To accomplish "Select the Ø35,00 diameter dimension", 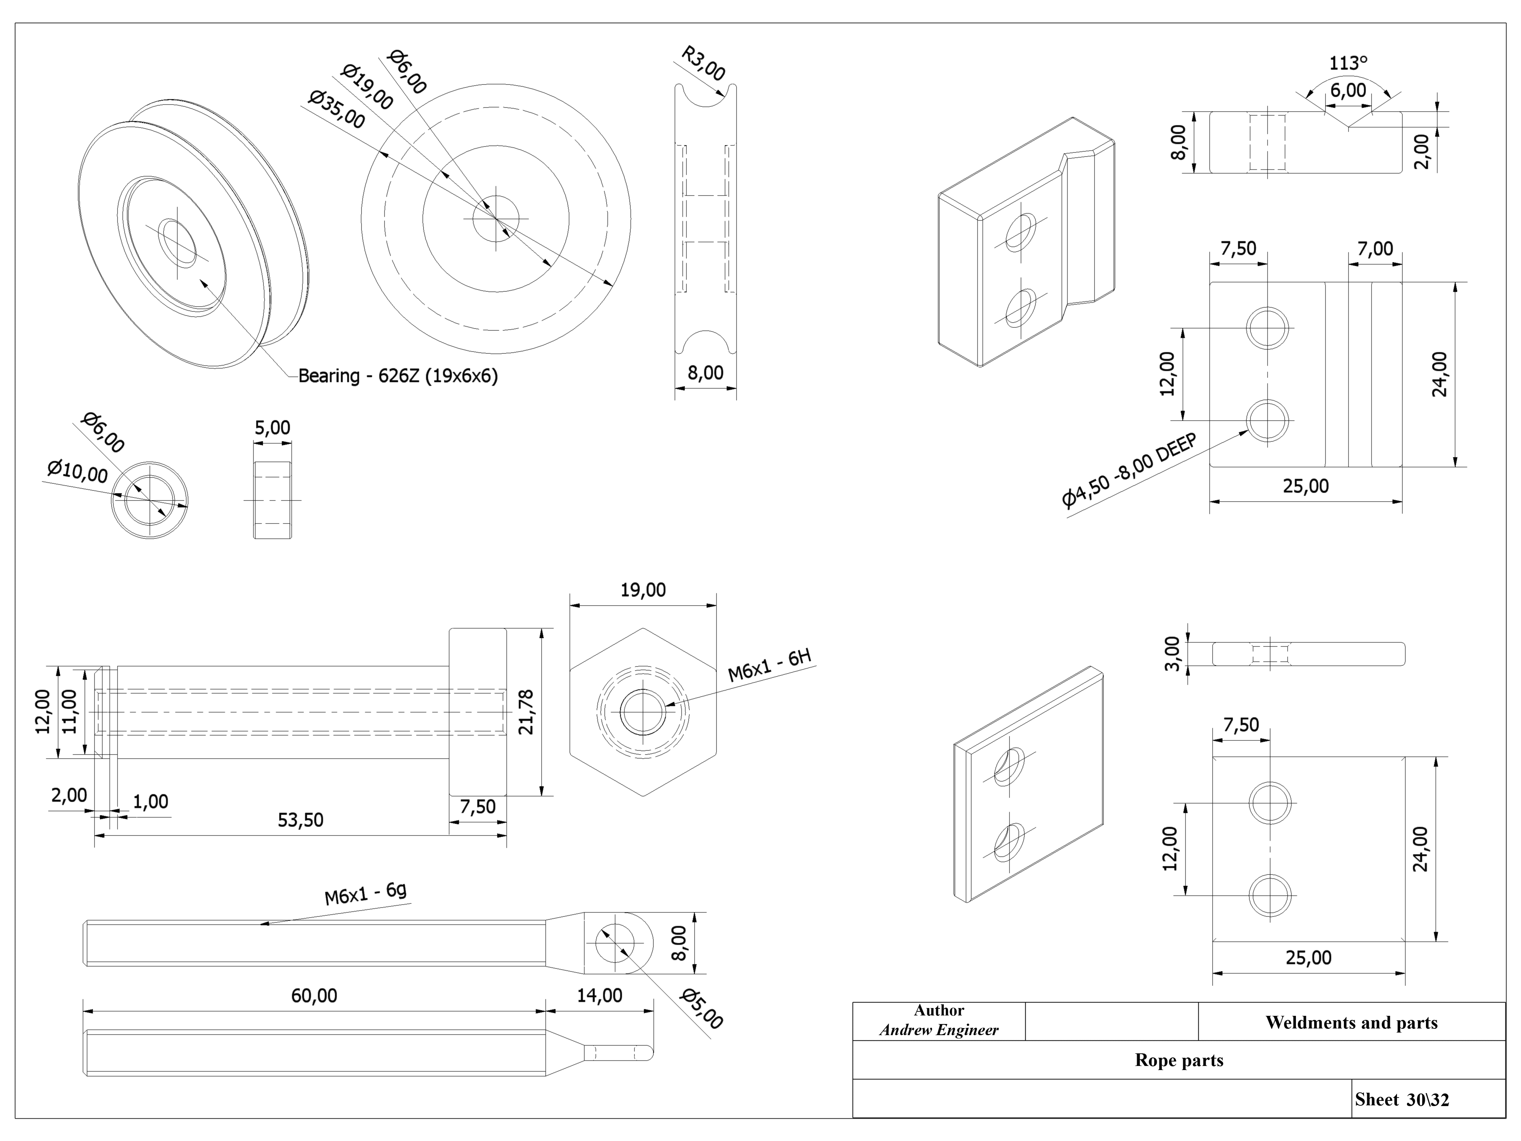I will coord(336,109).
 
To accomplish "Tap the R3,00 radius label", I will coord(703,63).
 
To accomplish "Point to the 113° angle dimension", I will coord(1348,63).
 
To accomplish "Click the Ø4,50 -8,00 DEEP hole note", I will coord(1129,471).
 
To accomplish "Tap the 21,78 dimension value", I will coord(526,712).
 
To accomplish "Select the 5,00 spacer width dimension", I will coord(272,428).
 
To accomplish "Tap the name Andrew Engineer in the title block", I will coord(939,1030).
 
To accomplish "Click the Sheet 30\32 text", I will coord(1401,1100).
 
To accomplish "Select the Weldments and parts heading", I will coord(1351,1023).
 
